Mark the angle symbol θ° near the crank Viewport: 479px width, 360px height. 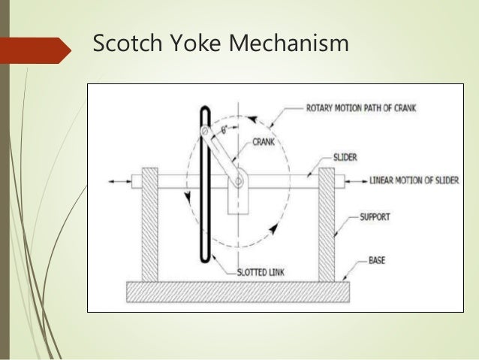pos(223,129)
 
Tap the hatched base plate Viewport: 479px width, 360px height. pos(239,289)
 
